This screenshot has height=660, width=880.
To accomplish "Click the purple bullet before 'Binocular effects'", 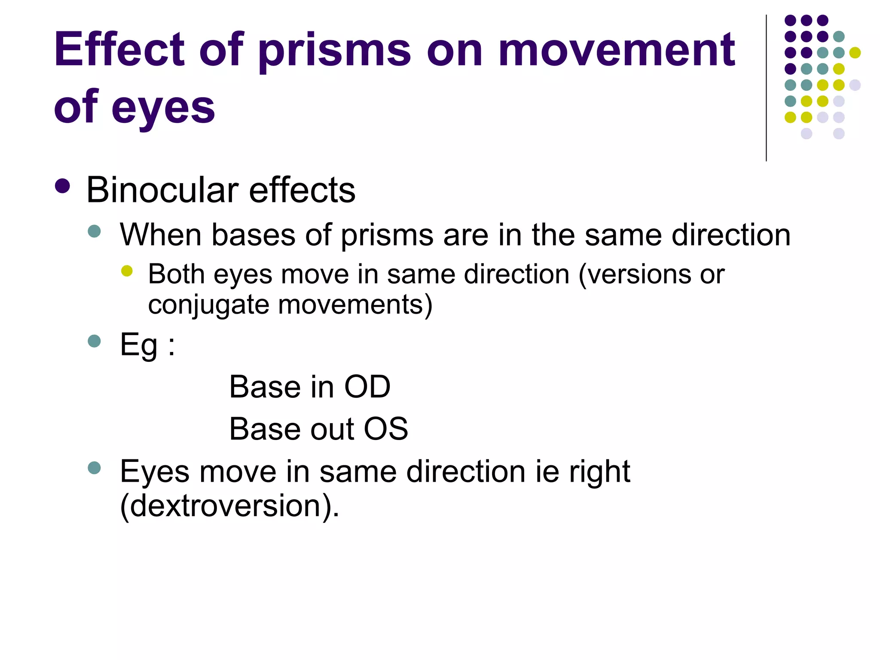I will [x=63, y=186].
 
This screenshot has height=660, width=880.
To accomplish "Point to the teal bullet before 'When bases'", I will [x=94, y=231].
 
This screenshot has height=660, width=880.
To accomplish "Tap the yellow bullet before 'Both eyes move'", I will [x=127, y=271].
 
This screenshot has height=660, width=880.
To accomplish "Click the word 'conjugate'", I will [x=208, y=305].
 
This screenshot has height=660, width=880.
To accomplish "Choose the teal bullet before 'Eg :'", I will [x=94, y=341].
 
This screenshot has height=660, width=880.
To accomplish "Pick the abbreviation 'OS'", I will [x=386, y=429].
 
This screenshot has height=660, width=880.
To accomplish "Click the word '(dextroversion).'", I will [x=230, y=506].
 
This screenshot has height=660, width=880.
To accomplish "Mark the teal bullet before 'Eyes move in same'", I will [x=94, y=467].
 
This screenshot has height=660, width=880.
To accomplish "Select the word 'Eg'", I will [x=138, y=345].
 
